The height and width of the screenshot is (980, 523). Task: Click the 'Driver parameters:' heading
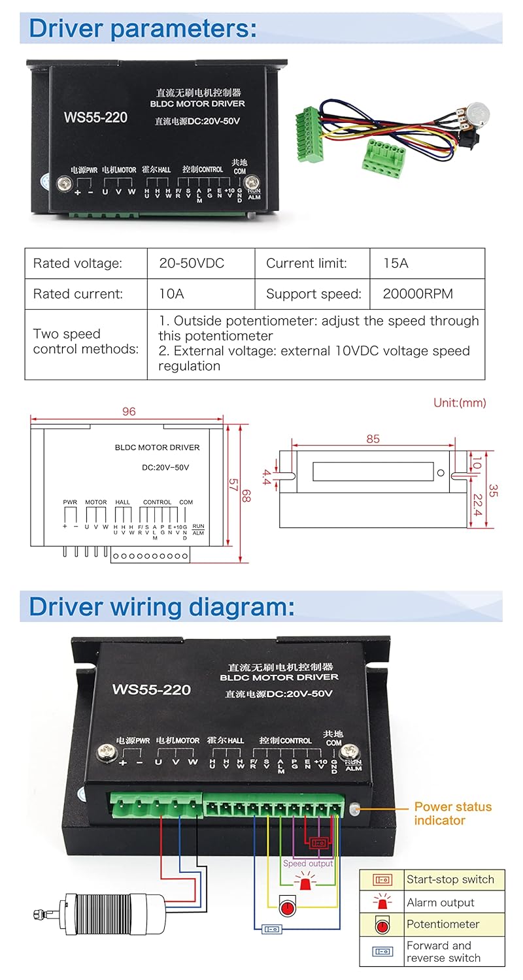tap(143, 29)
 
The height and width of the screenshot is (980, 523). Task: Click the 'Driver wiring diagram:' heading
tap(161, 606)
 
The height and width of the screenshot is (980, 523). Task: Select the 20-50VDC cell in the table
tap(192, 263)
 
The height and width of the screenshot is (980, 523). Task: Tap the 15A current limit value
tap(396, 263)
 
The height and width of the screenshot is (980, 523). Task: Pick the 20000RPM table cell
tap(418, 294)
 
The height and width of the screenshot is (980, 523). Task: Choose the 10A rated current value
tap(171, 294)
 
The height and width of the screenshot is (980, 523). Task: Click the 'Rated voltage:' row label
tap(77, 263)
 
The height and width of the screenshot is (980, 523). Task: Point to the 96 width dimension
tap(129, 412)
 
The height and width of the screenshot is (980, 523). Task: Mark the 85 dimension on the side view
tap(373, 439)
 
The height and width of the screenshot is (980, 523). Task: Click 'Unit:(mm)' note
tap(460, 402)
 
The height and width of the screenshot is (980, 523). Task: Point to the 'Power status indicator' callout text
tap(452, 813)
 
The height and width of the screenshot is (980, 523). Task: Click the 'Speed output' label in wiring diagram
tap(308, 863)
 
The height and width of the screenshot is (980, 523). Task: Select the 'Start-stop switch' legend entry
tap(450, 879)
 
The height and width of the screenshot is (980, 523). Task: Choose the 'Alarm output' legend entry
tap(440, 902)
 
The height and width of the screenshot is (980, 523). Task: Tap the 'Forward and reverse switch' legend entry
tap(443, 951)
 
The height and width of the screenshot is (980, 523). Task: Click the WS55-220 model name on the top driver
tap(95, 118)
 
